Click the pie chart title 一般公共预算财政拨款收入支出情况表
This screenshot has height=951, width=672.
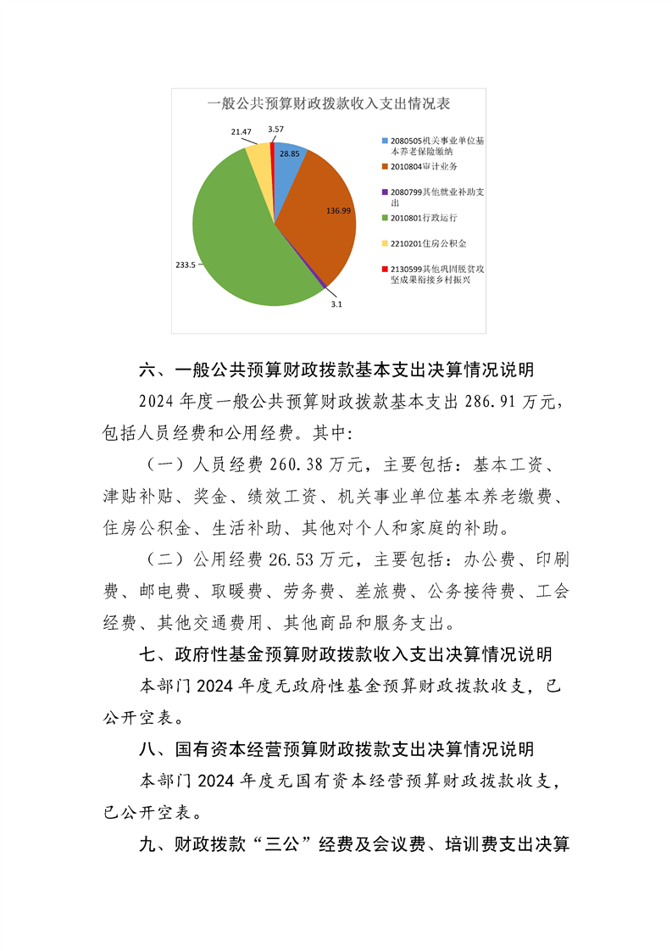(x=328, y=105)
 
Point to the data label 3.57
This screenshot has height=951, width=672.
(x=275, y=130)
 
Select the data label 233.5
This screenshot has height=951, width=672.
(x=185, y=264)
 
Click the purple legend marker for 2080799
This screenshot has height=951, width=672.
(x=385, y=192)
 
